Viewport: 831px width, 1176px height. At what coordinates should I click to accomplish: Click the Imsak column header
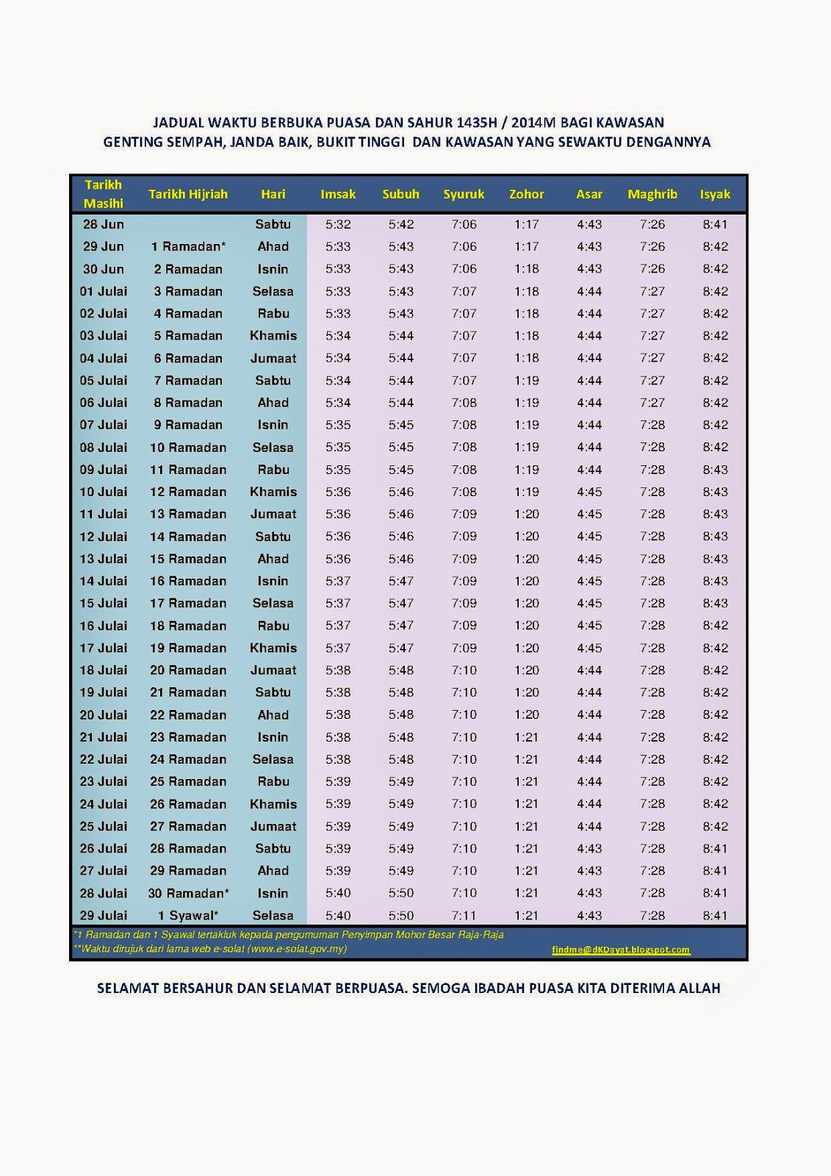[338, 194]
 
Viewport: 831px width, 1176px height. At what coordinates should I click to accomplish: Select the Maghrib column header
[652, 194]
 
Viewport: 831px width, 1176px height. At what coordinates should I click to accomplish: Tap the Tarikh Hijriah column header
[188, 194]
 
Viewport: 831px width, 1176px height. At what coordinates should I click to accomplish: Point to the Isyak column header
[715, 194]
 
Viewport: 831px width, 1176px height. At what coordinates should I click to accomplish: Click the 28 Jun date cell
[103, 224]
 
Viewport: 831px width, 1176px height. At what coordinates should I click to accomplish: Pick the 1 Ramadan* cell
[188, 246]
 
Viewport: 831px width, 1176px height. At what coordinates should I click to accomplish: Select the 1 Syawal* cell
[188, 916]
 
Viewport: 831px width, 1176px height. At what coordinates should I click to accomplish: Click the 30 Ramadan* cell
[188, 893]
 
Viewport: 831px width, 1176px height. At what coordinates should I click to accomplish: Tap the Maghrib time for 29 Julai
[652, 916]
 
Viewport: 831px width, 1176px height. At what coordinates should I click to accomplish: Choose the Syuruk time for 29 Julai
[464, 916]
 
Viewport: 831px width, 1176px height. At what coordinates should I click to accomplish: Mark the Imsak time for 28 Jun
[338, 224]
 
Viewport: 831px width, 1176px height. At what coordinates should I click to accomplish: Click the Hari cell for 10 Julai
[273, 492]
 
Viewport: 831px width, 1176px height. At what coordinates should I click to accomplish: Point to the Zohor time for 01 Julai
[527, 291]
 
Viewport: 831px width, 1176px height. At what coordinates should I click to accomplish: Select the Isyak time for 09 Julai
[715, 470]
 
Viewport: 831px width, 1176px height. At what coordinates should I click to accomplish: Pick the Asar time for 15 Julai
[589, 603]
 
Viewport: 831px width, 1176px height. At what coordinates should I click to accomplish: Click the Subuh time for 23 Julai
[401, 781]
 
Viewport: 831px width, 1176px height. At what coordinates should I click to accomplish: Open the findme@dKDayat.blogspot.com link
[621, 950]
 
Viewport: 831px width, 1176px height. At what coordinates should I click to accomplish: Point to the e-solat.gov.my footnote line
[210, 949]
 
